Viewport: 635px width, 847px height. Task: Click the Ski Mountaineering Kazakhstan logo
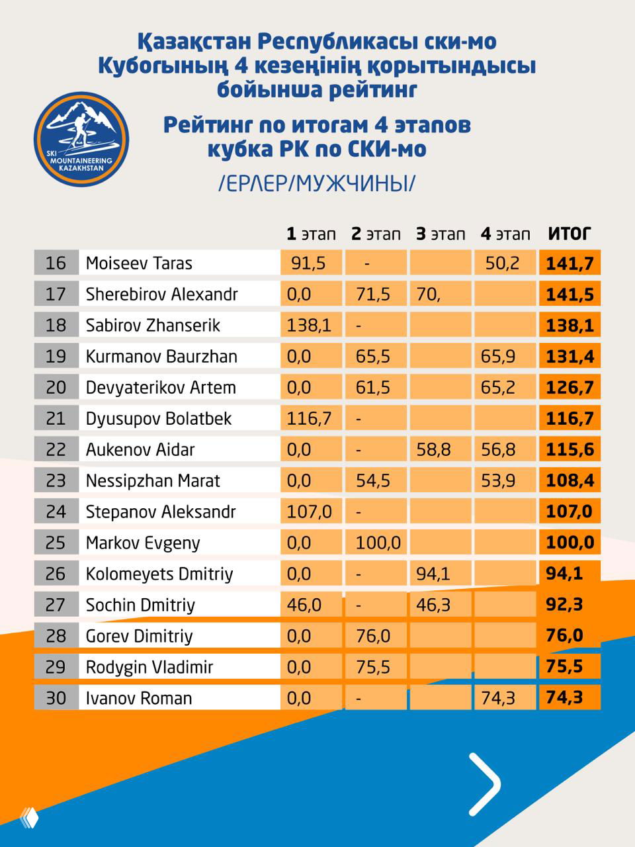[x=81, y=139]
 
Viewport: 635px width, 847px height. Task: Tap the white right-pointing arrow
[x=484, y=783]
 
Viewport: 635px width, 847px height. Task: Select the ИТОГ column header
[x=569, y=234]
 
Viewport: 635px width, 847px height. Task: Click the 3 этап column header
[x=441, y=234]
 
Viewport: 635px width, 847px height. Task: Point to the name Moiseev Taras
[x=139, y=263]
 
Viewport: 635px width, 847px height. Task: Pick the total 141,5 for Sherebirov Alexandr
[x=570, y=294]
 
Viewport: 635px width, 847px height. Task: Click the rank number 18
[x=56, y=326]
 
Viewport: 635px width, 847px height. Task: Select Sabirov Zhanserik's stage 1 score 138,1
[x=309, y=326]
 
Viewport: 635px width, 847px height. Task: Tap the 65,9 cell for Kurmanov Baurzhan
[x=499, y=357]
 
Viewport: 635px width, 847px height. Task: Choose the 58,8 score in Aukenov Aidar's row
[x=434, y=450]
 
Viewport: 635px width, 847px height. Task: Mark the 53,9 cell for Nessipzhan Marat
[x=499, y=481]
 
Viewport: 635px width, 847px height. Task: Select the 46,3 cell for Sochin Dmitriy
[x=434, y=605]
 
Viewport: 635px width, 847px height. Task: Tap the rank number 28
[x=56, y=636]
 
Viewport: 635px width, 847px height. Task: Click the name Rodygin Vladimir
[x=149, y=667]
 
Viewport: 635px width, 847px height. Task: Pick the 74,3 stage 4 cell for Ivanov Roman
[x=499, y=698]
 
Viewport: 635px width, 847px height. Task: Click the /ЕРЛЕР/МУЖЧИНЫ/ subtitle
[x=317, y=183]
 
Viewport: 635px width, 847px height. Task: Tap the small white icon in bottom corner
[x=30, y=818]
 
